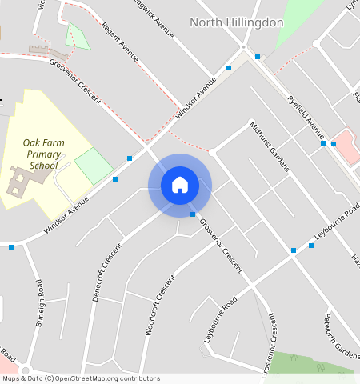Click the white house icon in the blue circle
180,185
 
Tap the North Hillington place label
237,22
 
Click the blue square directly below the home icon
193,214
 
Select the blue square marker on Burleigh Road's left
11,247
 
